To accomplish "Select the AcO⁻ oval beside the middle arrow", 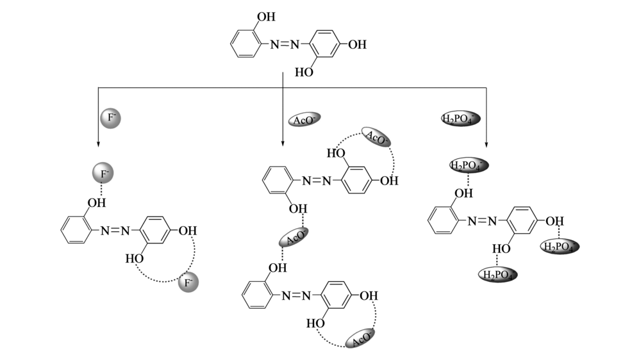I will point(304,120).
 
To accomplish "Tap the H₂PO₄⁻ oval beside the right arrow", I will point(460,119).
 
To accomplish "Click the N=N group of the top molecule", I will point(285,45).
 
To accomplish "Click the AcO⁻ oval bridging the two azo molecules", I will point(293,238).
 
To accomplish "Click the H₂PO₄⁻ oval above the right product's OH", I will point(469,166).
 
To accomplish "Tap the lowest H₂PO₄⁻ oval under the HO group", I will point(498,275).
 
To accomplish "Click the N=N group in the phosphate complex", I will point(483,221).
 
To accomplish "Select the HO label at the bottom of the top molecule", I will point(304,73).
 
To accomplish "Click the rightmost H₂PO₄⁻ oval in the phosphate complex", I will point(559,247).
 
